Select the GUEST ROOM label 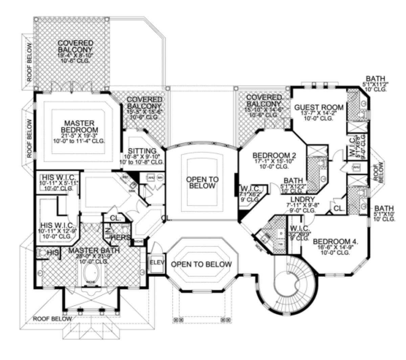[x=319, y=108]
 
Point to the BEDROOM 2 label [x=275, y=156]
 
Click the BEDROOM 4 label [x=335, y=242]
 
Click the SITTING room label [x=142, y=151]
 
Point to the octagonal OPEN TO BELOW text [x=201, y=264]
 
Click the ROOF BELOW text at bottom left [x=52, y=318]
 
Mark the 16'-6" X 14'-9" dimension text [x=335, y=248]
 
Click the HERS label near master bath [x=120, y=238]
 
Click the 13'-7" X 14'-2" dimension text [x=319, y=114]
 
